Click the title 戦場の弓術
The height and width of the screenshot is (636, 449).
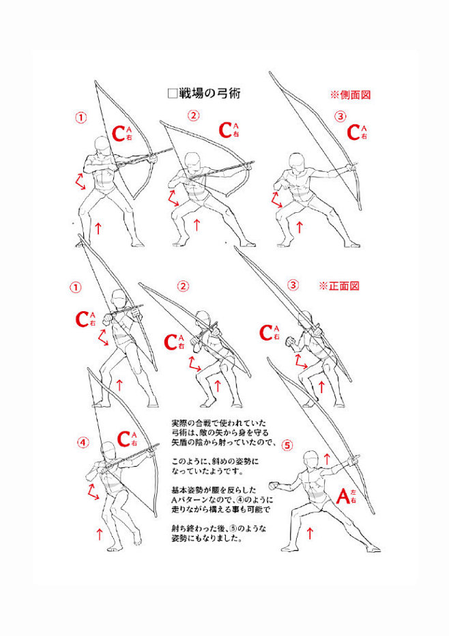coord(209,93)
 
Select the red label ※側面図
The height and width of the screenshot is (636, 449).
coord(351,95)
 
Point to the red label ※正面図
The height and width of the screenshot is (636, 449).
coord(339,286)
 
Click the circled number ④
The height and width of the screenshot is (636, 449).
coord(83,442)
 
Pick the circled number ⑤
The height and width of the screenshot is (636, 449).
coord(287,446)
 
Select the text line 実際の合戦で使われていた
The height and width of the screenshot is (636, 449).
coord(219,423)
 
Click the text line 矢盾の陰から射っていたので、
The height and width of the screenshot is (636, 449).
coord(224,442)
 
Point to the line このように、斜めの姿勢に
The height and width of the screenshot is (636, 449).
coord(215,461)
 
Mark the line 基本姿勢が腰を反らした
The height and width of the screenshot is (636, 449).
coord(214,490)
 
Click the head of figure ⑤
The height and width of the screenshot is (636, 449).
coord(310,459)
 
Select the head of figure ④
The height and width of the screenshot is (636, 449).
coord(108,450)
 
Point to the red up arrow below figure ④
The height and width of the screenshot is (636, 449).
coord(100,534)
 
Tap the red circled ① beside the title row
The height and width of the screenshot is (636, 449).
coord(81,117)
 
